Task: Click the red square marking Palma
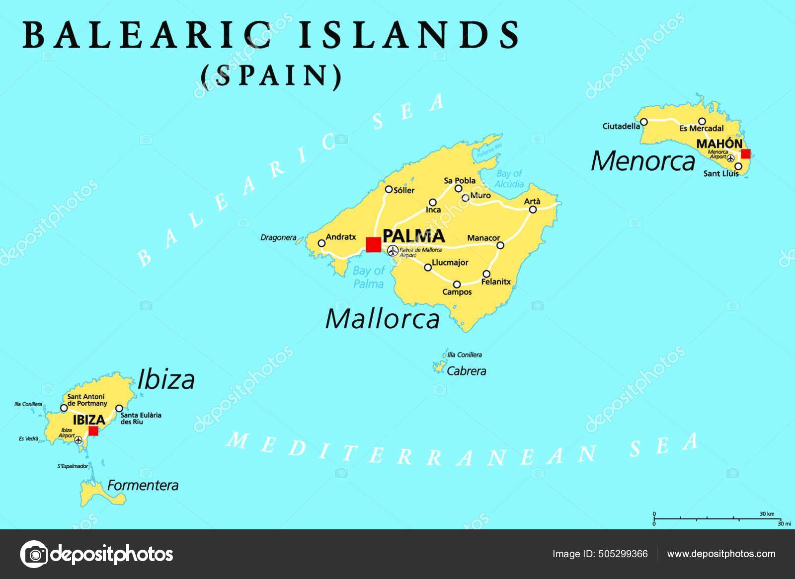tap(373, 244)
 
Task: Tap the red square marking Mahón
tap(745, 154)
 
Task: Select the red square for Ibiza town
tap(93, 431)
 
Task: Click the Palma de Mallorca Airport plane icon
tap(393, 251)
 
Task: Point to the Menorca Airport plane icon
tap(730, 158)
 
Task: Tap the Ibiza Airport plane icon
tap(78, 439)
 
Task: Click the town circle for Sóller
tap(389, 189)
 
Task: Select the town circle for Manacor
tap(500, 245)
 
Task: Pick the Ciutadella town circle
tap(644, 122)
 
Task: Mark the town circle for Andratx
tap(321, 243)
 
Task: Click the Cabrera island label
tap(466, 371)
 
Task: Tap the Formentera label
tap(143, 485)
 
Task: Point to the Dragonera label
tap(278, 238)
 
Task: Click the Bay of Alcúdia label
tap(510, 179)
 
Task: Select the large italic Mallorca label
tap(382, 319)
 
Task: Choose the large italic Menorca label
tap(643, 161)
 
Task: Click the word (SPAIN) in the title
tap(271, 75)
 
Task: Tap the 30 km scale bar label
tap(767, 514)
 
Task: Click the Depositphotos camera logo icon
tap(34, 554)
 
